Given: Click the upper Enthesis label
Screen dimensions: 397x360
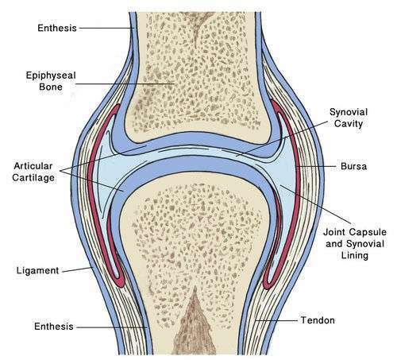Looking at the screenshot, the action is [57, 28].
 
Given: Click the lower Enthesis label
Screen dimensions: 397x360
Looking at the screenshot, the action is [54, 327].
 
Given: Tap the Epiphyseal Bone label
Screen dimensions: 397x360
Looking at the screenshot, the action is [51, 81].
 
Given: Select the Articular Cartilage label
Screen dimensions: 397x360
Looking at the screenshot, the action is [33, 172].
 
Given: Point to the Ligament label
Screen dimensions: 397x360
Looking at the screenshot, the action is [37, 271].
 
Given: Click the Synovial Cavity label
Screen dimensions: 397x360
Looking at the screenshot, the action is [349, 118].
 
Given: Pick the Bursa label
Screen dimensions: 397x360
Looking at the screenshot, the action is [354, 166].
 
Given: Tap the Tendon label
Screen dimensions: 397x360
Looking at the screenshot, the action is [318, 320].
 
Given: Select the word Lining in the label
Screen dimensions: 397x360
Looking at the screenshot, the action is [355, 255].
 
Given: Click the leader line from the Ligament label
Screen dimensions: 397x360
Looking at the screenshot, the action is [77, 269].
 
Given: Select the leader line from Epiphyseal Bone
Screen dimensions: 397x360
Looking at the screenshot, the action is [125, 83].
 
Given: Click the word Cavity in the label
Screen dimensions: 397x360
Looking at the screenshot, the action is [349, 124].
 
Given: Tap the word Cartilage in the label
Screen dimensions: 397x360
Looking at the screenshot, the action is [33, 177].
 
